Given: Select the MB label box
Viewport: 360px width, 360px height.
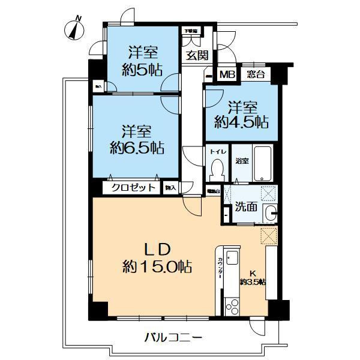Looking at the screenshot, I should click(227, 74).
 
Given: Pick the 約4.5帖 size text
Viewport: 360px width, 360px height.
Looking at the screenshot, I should click(241, 122).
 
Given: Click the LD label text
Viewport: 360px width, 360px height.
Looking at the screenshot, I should click(158, 249).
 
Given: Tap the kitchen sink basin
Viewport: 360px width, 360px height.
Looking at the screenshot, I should click(232, 256).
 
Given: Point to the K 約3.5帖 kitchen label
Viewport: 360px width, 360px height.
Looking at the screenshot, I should click(253, 277).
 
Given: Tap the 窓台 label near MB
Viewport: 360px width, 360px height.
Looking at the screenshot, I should click(256, 74).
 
